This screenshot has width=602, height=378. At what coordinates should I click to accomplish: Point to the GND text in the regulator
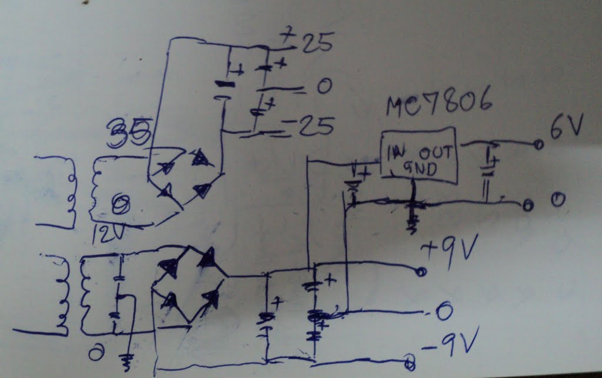click(x=421, y=170)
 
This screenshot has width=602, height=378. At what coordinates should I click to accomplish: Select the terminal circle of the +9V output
click(x=420, y=272)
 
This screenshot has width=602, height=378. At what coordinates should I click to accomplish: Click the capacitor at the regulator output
click(x=487, y=170)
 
